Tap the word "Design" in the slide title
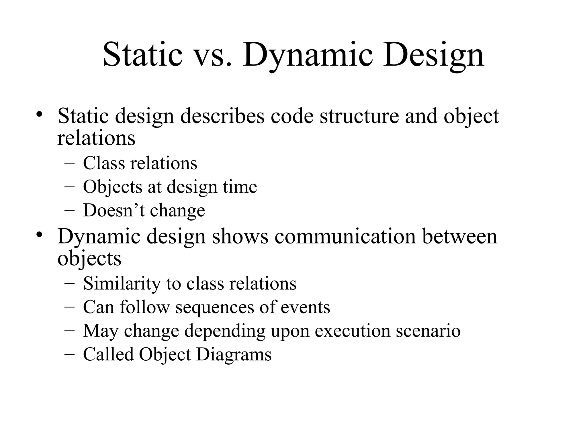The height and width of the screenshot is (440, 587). tap(433, 55)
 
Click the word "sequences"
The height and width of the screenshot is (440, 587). tap(215, 307)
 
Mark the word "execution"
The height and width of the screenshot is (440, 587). tap(353, 331)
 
